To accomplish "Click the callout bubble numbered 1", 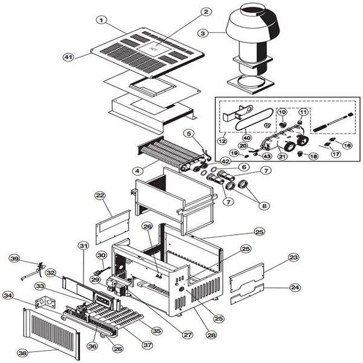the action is [101, 20].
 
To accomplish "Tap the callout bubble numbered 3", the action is [203, 33].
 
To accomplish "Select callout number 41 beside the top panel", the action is [68, 57].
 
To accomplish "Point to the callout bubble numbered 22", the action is [100, 195].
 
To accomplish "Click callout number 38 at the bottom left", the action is [23, 353].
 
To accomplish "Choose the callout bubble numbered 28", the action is [211, 335].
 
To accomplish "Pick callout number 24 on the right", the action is [295, 287].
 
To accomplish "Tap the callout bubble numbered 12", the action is [222, 140].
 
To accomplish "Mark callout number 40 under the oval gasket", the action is [247, 138].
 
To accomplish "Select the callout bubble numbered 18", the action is [313, 156].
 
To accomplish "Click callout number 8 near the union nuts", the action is [264, 206].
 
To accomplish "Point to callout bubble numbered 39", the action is [15, 258].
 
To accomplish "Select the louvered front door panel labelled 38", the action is [51, 333].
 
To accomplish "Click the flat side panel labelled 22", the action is [113, 227].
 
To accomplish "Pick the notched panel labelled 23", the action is [247, 276].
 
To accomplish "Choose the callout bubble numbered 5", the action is [189, 134].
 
